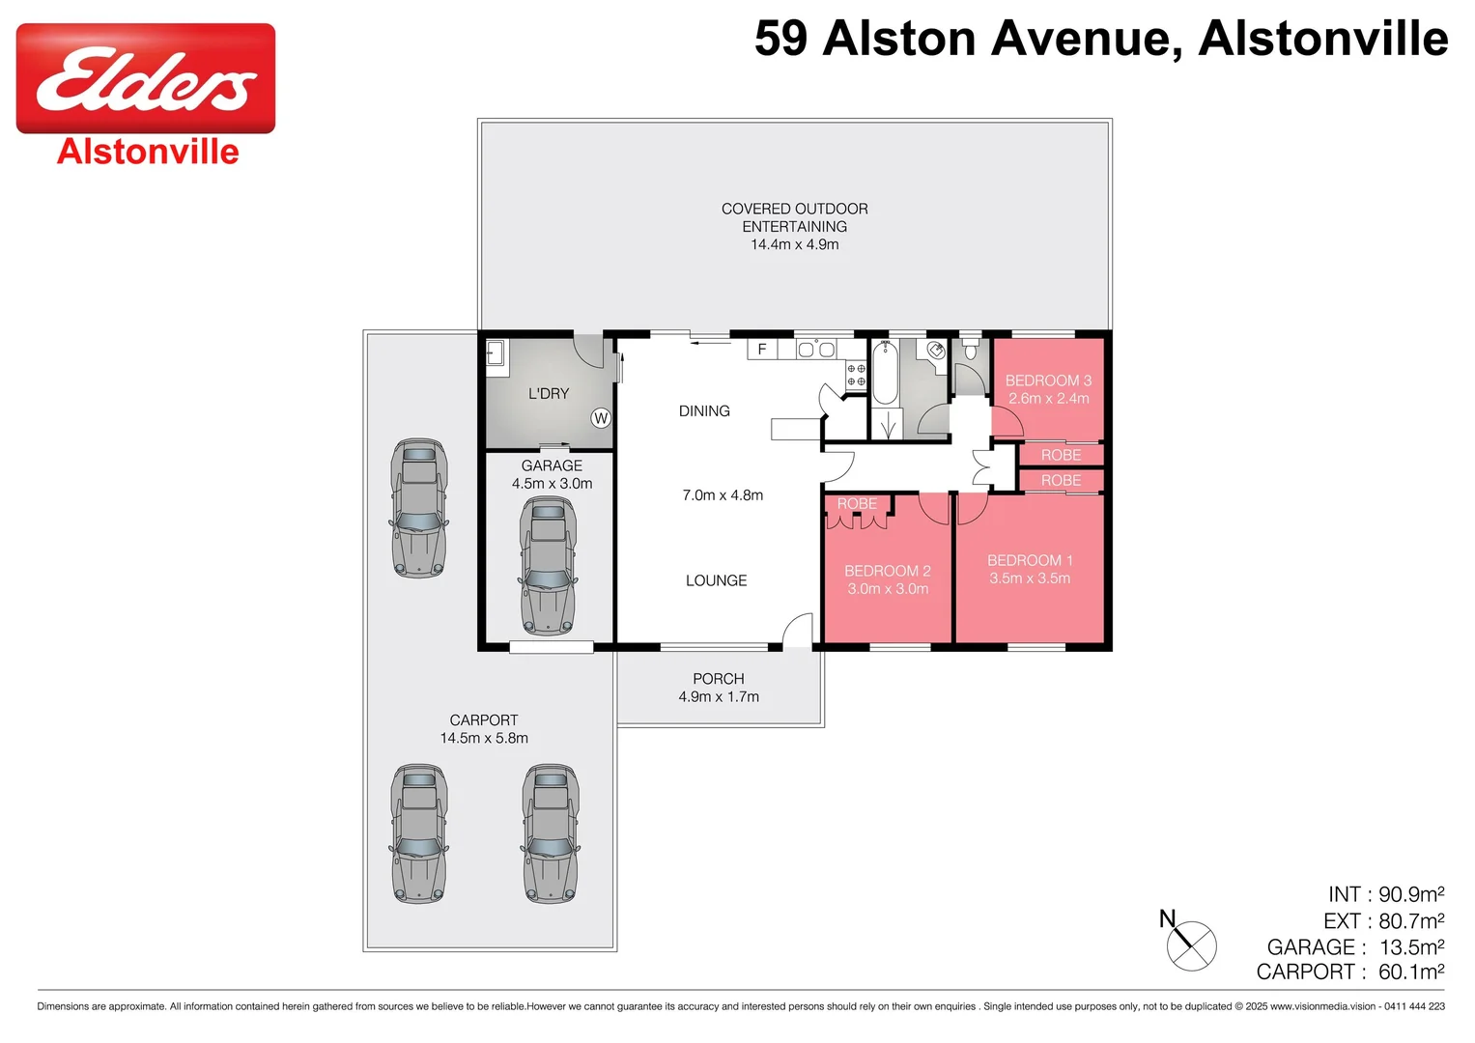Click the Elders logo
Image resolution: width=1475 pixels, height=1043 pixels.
pos(146,79)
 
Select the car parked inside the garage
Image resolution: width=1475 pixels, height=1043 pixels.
pos(548,566)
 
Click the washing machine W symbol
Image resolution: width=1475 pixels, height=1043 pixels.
pos(601,418)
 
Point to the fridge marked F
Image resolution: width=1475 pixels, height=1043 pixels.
pos(762,349)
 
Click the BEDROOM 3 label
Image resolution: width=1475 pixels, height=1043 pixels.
pos(1048,381)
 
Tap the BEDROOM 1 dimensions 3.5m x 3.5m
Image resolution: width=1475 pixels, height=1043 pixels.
pos(1030,578)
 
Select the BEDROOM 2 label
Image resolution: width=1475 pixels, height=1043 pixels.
pos(887,571)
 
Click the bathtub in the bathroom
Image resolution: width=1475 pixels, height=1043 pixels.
pos(885,374)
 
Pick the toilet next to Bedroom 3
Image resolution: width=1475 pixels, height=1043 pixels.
pos(971,347)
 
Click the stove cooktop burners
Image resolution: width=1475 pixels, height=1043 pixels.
pos(856,375)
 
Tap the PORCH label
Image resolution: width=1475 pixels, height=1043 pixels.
pos(718,679)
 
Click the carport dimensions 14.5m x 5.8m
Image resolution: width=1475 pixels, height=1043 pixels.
pos(484,738)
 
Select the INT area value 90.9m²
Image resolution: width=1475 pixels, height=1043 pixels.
pos(1411,894)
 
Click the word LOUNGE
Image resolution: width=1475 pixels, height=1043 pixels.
pos(716,580)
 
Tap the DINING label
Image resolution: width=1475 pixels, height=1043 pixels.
pos(704,410)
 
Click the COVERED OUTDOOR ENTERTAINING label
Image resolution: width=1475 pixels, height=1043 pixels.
pos(794,217)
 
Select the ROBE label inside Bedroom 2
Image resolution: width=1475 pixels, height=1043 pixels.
pos(857,503)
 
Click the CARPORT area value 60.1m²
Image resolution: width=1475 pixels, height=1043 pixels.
pos(1411,972)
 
